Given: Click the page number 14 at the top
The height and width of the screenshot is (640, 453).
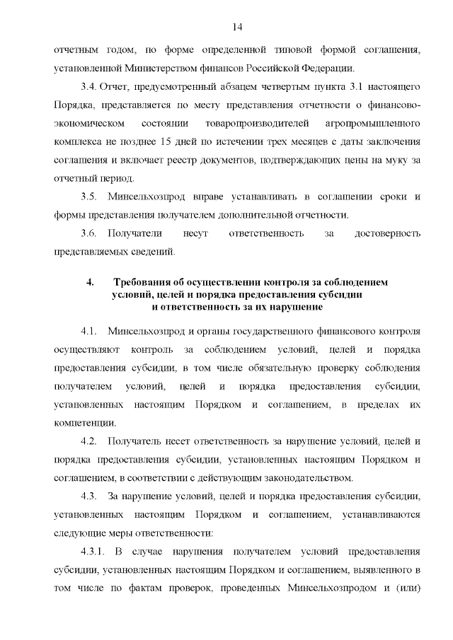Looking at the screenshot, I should point(237,27).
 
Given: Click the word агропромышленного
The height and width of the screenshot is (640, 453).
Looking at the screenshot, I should point(367,123).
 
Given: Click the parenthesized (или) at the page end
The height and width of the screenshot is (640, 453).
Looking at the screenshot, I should point(407,588).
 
